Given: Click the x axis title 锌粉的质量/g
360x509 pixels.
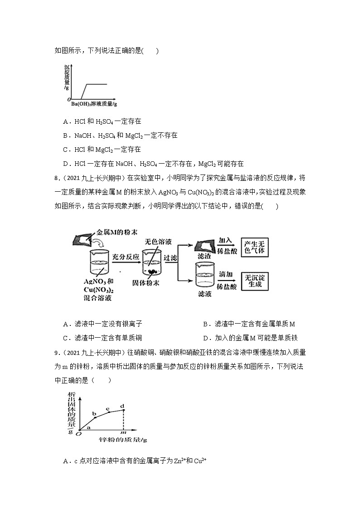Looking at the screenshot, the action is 123,440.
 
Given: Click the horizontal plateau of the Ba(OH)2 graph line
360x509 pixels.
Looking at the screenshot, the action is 97,84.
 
